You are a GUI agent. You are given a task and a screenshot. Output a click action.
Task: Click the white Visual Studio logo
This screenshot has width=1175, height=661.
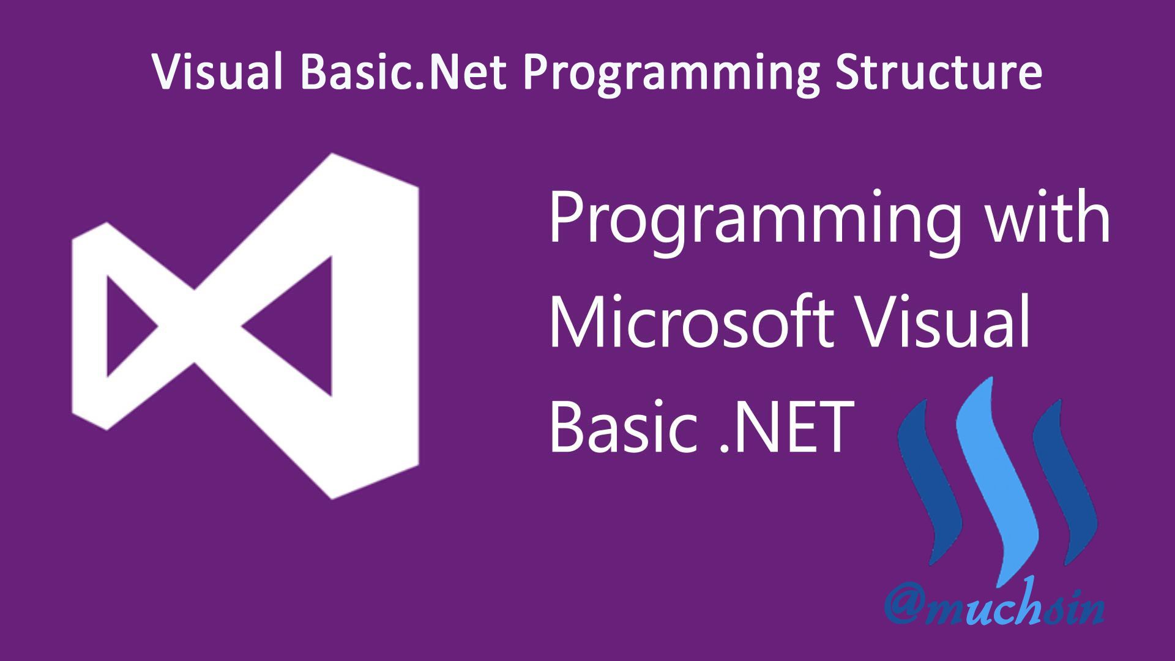pyautogui.click(x=245, y=326)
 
